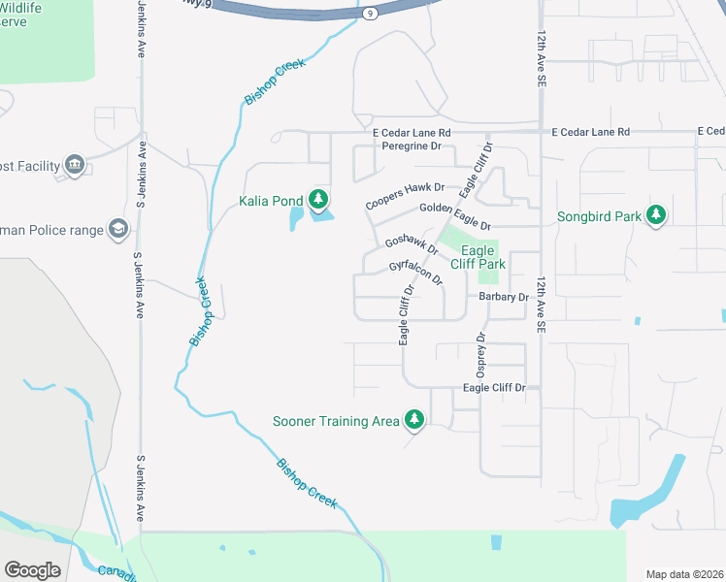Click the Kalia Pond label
tap(271, 201)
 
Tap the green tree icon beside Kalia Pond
tap(317, 200)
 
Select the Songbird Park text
tap(599, 216)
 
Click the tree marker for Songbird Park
tap(656, 215)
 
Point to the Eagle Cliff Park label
tap(477, 257)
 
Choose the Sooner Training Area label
tap(336, 421)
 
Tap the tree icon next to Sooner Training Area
tap(414, 420)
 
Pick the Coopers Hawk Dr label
tap(405, 195)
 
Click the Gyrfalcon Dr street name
tap(415, 272)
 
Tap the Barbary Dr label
tap(503, 297)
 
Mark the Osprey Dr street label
tap(480, 355)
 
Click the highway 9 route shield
tap(370, 14)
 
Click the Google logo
tap(32, 569)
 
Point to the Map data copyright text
tap(684, 573)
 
